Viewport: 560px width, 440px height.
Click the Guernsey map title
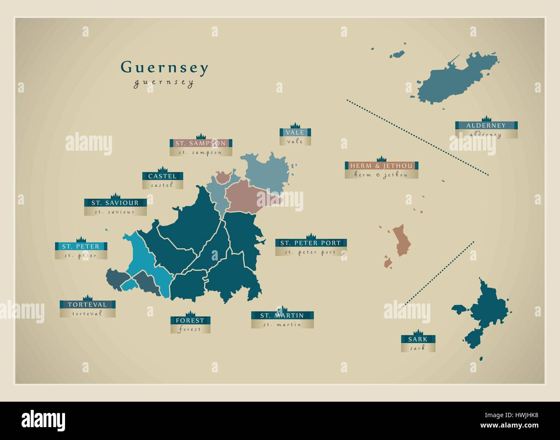165,68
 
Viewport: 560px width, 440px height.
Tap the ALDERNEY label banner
486,126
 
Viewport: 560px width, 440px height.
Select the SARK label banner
418,339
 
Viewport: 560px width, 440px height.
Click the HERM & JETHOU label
381,166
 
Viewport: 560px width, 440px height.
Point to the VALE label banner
295,133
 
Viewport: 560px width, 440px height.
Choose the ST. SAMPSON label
200,143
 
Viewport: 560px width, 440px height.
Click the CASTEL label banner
162,176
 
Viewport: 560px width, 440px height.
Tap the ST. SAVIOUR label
115,203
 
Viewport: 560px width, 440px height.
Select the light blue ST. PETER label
81,247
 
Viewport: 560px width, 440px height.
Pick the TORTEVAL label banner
87,305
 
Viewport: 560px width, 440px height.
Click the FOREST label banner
190,320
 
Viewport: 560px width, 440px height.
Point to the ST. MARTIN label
282,316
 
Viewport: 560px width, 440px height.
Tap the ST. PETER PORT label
311,243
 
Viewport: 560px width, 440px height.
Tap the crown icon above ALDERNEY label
486,118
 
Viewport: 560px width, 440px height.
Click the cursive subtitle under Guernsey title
164,83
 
